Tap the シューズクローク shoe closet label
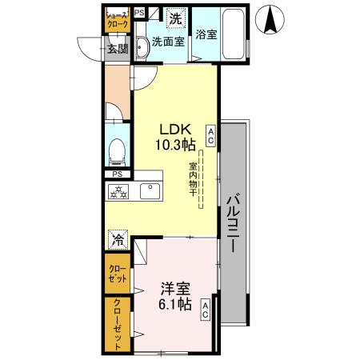[x=117, y=20]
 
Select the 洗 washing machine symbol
[x=174, y=18]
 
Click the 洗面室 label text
[x=168, y=42]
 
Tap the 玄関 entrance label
[x=117, y=49]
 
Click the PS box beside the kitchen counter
[x=117, y=175]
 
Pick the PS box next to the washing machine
[x=140, y=12]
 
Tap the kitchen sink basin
[x=150, y=192]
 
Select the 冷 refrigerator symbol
[x=118, y=238]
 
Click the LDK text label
[x=174, y=128]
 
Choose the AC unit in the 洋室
[x=206, y=310]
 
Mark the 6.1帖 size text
[x=174, y=305]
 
